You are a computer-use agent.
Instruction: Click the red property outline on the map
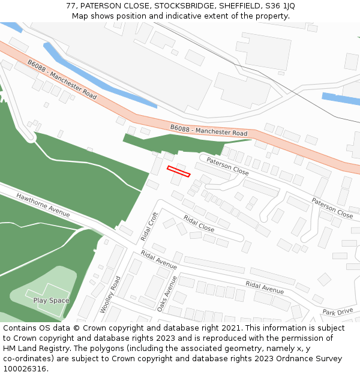pyautogui.click(x=178, y=171)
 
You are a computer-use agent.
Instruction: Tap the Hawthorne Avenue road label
pyautogui.click(x=43, y=205)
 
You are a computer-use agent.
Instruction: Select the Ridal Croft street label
pyautogui.click(x=149, y=226)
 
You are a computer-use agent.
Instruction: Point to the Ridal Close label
pyautogui.click(x=199, y=224)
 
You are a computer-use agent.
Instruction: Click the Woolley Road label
pyautogui.click(x=110, y=295)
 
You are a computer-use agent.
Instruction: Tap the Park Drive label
pyautogui.click(x=337, y=312)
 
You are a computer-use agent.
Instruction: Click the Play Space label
pyautogui.click(x=51, y=301)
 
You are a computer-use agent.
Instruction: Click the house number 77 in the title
pyautogui.click(x=71, y=6)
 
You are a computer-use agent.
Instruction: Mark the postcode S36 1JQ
pyautogui.click(x=279, y=6)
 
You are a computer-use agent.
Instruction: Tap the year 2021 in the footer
pyautogui.click(x=230, y=328)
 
